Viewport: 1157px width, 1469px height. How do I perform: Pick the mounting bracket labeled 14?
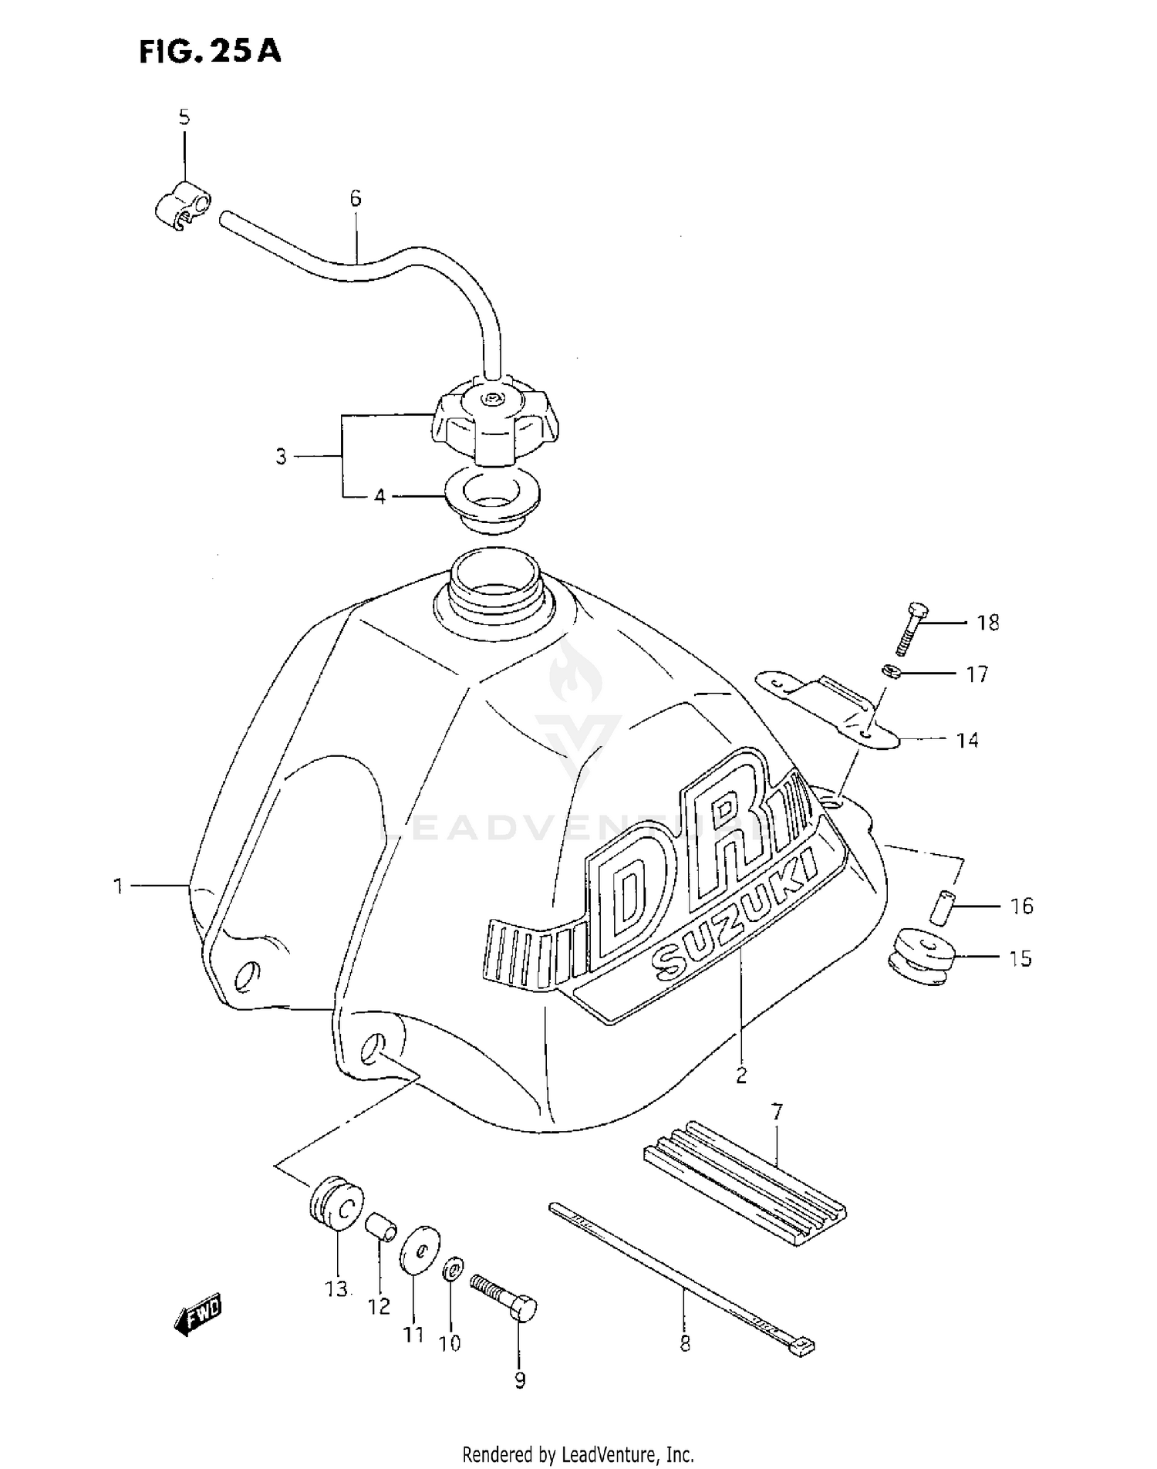[x=825, y=707]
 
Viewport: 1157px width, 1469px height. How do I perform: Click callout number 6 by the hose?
[x=355, y=199]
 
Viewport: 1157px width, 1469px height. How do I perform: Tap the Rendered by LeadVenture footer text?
[x=578, y=1454]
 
